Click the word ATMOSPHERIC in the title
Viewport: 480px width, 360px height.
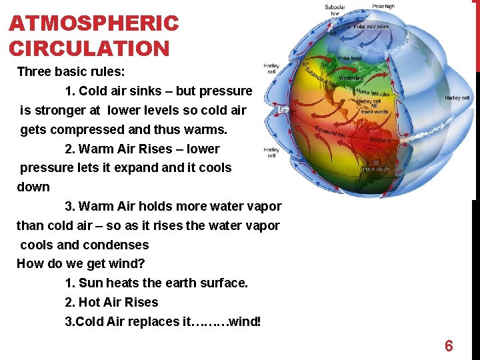(x=94, y=24)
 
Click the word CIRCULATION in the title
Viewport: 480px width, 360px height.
(x=89, y=49)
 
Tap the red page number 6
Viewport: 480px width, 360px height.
(x=449, y=346)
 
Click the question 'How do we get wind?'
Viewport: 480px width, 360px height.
(x=81, y=263)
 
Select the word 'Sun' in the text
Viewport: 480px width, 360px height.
(x=91, y=283)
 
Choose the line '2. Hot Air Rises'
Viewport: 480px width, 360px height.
(x=111, y=302)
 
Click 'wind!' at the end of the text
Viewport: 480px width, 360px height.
(x=245, y=321)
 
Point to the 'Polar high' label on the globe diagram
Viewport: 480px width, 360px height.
(x=383, y=7)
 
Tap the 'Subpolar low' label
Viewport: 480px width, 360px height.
(x=335, y=9)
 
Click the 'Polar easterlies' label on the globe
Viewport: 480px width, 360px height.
(x=371, y=27)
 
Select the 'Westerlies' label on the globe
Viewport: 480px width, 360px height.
(x=351, y=79)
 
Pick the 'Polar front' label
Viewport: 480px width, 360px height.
(x=349, y=58)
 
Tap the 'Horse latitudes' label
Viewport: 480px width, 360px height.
(x=373, y=92)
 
